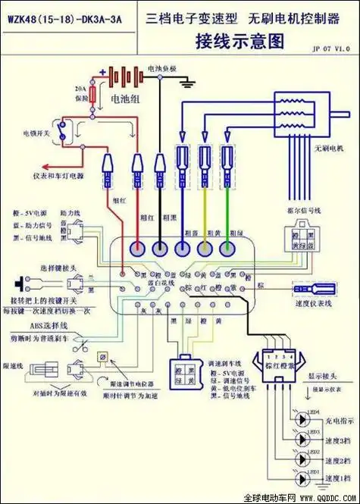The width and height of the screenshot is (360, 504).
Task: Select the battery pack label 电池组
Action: point(125,99)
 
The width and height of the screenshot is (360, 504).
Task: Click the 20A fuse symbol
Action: point(94,95)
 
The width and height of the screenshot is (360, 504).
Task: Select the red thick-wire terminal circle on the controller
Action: point(138,248)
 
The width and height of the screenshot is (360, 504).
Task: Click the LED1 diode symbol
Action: point(304,478)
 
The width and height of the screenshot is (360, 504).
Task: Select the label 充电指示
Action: point(335,421)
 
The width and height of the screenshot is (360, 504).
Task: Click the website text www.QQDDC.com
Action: point(327,499)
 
